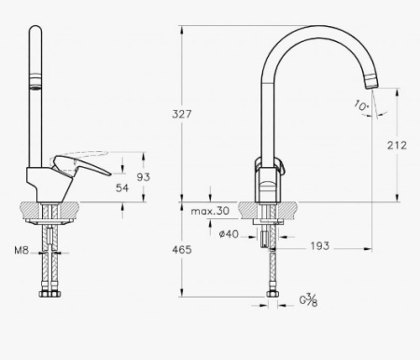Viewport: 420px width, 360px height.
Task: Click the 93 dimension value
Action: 143,176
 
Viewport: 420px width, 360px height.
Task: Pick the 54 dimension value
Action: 121,188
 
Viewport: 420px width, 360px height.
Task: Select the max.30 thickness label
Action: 210,212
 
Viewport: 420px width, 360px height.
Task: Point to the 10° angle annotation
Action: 360,107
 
